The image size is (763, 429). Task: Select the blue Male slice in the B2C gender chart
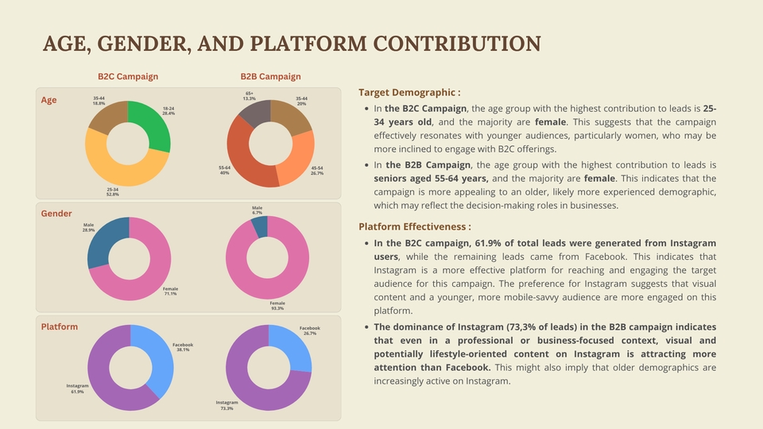pyautogui.click(x=103, y=242)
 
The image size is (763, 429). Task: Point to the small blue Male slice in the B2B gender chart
pyautogui.click(x=259, y=226)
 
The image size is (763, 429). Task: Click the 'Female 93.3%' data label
pyautogui.click(x=277, y=306)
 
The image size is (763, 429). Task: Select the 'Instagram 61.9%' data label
pyautogui.click(x=77, y=388)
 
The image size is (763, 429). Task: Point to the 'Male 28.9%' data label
pyautogui.click(x=88, y=228)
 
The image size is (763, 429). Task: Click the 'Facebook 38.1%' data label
pyautogui.click(x=183, y=347)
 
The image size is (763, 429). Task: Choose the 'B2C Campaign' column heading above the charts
pyautogui.click(x=128, y=77)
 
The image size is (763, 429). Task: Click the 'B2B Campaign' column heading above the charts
pyautogui.click(x=271, y=77)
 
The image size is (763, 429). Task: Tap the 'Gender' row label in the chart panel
pyautogui.click(x=56, y=214)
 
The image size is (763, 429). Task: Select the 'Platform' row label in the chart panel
pyautogui.click(x=60, y=327)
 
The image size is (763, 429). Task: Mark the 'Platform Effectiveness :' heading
pyautogui.click(x=415, y=227)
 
